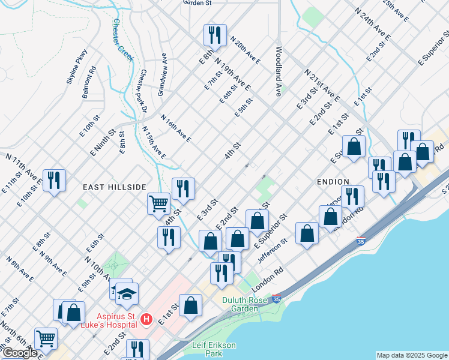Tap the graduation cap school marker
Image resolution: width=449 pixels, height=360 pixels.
[x=127, y=293]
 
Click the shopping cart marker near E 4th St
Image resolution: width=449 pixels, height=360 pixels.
[x=158, y=203]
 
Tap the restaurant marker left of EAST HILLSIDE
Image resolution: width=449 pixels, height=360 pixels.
[x=54, y=180]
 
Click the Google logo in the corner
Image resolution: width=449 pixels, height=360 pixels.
[x=20, y=353]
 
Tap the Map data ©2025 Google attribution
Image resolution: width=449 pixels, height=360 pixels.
[x=411, y=355]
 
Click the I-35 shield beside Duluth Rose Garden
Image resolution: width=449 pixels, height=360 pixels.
[x=276, y=298]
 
